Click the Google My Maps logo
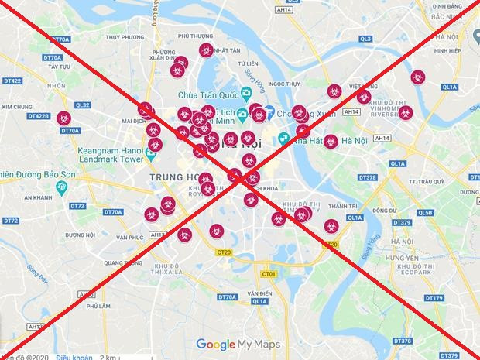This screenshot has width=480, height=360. point(238,344)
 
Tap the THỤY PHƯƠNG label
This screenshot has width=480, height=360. point(125,36)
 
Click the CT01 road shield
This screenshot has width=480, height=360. point(269,274)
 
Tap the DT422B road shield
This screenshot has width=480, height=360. point(38,116)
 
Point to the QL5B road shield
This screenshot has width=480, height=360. point(425,212)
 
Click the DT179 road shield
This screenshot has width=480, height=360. point(434,298)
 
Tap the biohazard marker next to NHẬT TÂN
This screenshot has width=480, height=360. point(205,50)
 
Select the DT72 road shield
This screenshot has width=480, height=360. point(77,206)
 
